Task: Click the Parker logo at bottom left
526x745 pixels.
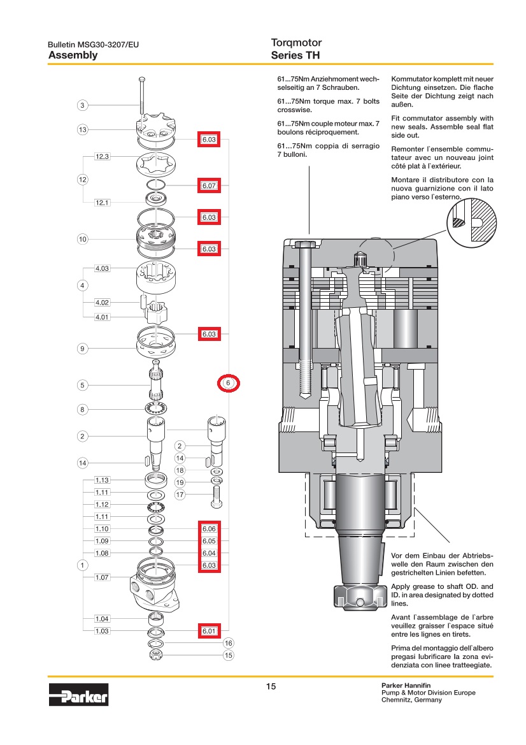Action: [x=78, y=694]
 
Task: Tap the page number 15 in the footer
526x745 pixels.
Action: [x=271, y=686]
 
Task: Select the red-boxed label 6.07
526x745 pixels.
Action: [x=210, y=186]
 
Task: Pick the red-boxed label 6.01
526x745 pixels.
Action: [x=210, y=631]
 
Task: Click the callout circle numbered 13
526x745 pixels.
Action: [x=82, y=130]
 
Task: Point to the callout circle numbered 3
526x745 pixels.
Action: [x=82, y=105]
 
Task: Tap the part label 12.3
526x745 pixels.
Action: [x=103, y=156]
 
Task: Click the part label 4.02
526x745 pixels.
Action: [x=103, y=302]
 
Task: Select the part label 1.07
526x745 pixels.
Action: [x=103, y=577]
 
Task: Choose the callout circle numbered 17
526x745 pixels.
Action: [x=180, y=494]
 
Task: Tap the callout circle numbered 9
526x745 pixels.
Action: [x=82, y=348]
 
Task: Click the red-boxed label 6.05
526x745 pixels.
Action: [x=210, y=541]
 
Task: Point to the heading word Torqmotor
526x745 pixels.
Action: [x=296, y=43]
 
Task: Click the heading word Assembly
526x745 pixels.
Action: [x=73, y=55]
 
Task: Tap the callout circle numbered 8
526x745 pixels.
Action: [x=82, y=409]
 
